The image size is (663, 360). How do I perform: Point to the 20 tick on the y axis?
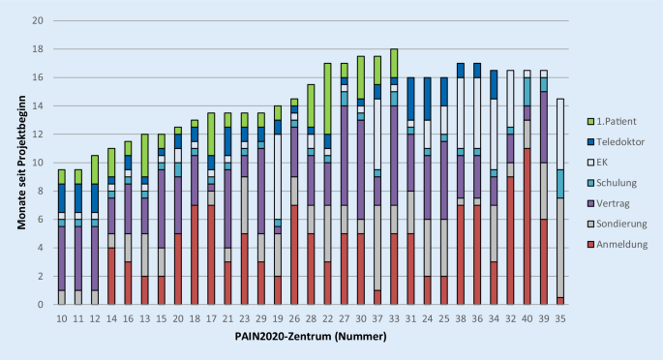[x=36, y=20]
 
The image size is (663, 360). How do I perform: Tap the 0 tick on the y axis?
[x=39, y=305]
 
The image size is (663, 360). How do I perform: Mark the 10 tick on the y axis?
[x=36, y=163]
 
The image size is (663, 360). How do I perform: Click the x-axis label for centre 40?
[x=527, y=317]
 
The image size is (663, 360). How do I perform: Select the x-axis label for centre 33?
[x=394, y=317]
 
